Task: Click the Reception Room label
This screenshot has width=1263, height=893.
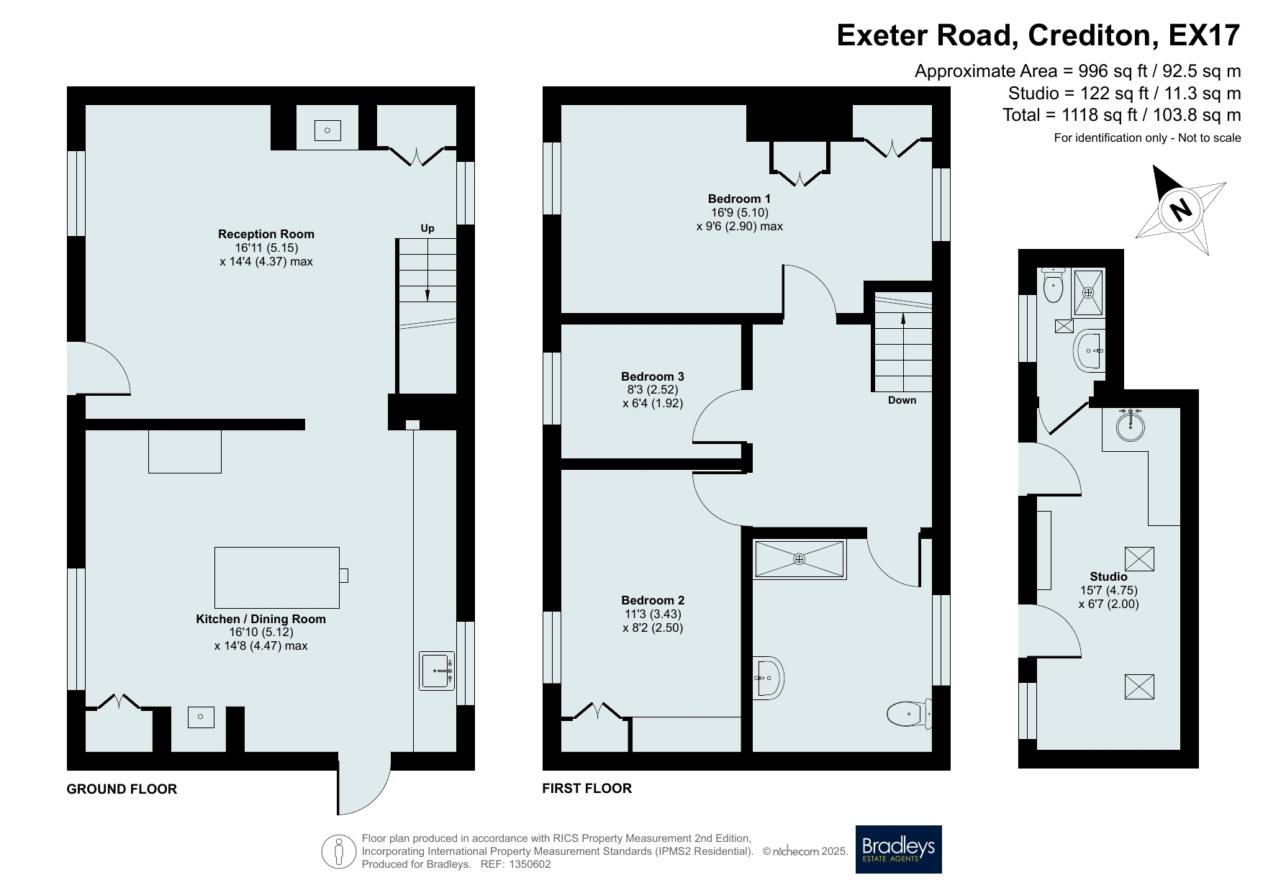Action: (x=266, y=234)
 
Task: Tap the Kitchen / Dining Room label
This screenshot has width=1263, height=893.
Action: (x=261, y=619)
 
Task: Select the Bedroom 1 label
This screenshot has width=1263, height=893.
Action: (x=739, y=199)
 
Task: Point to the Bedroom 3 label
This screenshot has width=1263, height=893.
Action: (x=653, y=376)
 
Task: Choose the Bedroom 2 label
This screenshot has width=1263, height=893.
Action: (x=653, y=600)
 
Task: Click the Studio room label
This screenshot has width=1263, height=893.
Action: (x=1108, y=576)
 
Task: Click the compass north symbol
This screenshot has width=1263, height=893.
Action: (x=1181, y=210)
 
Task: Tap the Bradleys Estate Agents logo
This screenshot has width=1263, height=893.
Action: (x=898, y=849)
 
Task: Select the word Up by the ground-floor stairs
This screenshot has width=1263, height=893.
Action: (x=427, y=228)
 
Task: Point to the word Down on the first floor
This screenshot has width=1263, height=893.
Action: (x=902, y=400)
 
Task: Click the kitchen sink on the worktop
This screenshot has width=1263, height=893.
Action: (x=438, y=671)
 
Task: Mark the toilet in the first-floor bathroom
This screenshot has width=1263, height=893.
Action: (x=910, y=715)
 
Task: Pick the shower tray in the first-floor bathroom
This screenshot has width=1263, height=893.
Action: (x=800, y=559)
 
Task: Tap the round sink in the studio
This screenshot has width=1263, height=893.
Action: (x=1130, y=425)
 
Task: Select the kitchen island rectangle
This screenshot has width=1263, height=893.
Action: (x=277, y=577)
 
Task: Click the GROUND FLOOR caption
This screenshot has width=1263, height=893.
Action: (x=122, y=789)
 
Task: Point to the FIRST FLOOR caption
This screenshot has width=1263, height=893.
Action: (x=587, y=788)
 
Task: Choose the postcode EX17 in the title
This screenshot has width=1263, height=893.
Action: (x=1205, y=35)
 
